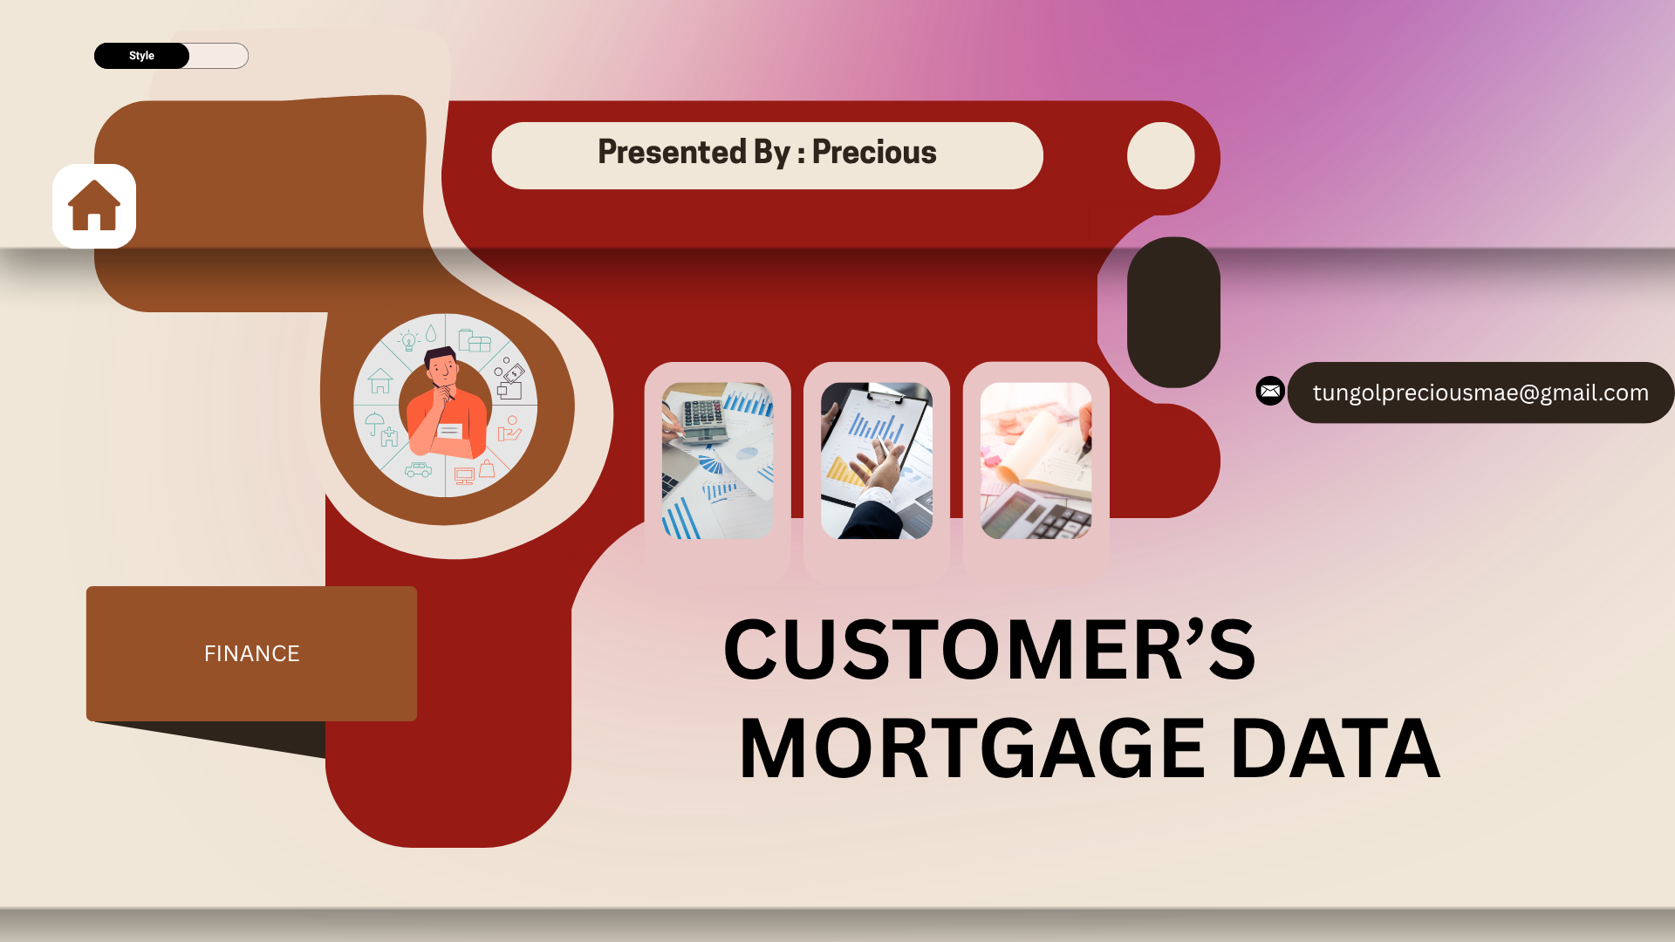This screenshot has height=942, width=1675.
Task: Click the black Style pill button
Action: pos(141,56)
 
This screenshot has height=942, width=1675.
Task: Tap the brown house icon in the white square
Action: pos(94,206)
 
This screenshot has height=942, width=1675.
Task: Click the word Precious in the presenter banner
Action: pos(874,153)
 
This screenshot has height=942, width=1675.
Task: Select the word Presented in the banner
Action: pos(673,153)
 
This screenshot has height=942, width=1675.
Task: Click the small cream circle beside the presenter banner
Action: pos(1160,155)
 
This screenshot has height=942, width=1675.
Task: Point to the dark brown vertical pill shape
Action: pos(1173,312)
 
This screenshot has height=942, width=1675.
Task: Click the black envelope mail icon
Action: pos(1270,391)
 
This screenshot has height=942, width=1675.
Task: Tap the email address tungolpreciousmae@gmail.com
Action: pos(1480,393)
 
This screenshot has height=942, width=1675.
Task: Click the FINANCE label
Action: pos(251,653)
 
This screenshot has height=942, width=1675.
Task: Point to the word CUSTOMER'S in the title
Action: pos(989,650)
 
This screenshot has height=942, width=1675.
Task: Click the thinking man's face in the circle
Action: pos(442,371)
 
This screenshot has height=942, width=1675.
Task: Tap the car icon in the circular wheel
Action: pos(418,470)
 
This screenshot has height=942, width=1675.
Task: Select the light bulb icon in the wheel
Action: pos(408,341)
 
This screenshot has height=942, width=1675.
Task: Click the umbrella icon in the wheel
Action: pos(374,423)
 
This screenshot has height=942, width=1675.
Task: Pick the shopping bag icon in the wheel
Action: pos(487,468)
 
